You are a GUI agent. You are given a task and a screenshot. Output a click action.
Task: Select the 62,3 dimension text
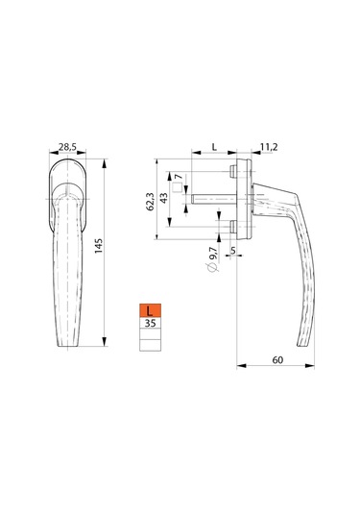149,199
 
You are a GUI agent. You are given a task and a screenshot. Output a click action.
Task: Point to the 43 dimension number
163,199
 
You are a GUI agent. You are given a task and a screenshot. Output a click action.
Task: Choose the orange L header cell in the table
150,310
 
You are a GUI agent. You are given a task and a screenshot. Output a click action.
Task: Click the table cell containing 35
150,325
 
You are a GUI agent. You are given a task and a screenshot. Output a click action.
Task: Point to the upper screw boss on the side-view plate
234,172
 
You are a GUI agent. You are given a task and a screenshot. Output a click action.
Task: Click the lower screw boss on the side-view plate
234,227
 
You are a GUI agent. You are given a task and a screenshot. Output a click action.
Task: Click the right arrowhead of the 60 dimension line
314,366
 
